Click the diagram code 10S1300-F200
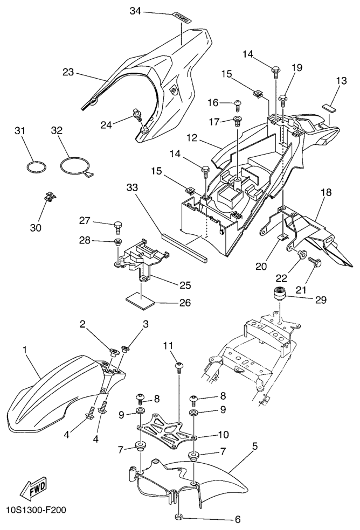tap(36, 509)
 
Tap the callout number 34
tap(135, 11)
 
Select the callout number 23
tap(68, 72)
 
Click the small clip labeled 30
tap(49, 197)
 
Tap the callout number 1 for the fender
tap(25, 350)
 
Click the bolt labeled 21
tap(314, 262)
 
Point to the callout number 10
tap(207, 434)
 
